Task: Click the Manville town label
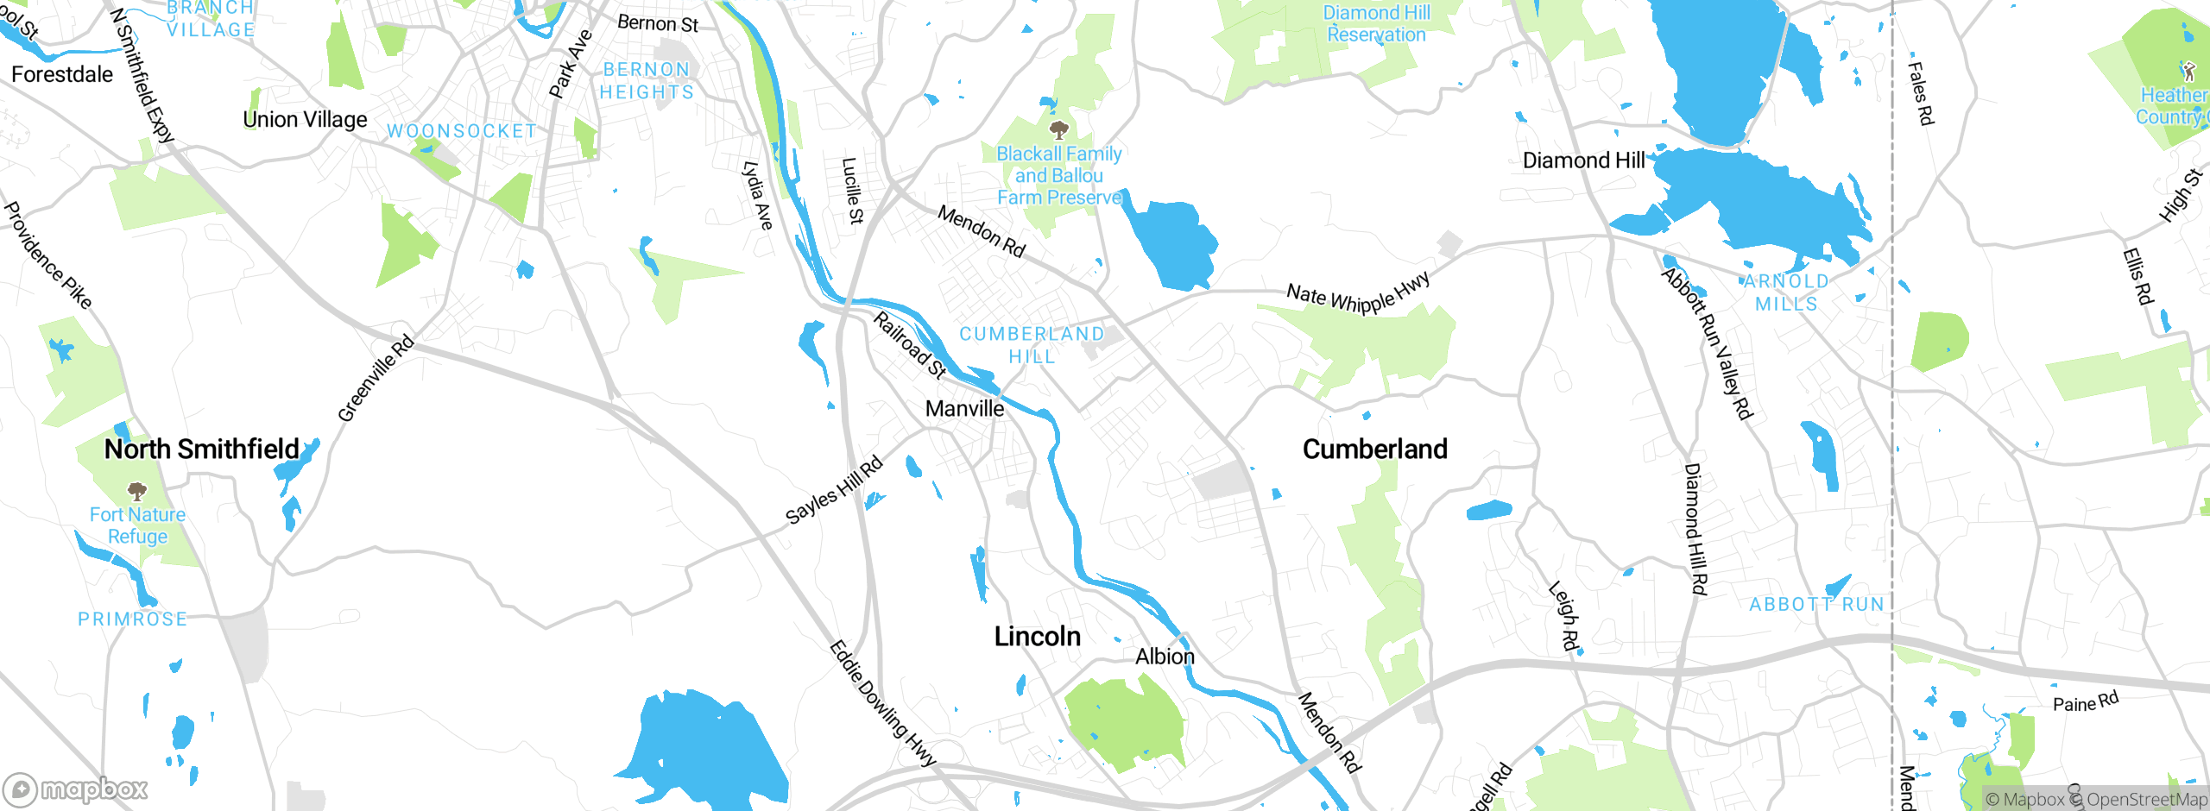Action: click(x=964, y=408)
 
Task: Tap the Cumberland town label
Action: click(x=1374, y=449)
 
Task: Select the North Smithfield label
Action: click(x=201, y=449)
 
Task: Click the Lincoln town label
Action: click(x=1037, y=637)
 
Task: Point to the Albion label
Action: click(x=1165, y=657)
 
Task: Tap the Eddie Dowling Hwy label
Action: click(x=882, y=703)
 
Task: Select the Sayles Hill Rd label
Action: click(x=834, y=490)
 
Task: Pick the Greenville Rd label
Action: click(x=376, y=378)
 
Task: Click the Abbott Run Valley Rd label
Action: click(x=1708, y=343)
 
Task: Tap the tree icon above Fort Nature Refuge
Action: click(x=136, y=492)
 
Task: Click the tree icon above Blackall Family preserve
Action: click(x=1058, y=130)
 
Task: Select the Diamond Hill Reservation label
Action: click(x=1376, y=24)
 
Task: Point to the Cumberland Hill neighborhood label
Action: click(x=1032, y=345)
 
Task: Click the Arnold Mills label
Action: click(x=1786, y=292)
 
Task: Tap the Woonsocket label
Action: click(x=461, y=131)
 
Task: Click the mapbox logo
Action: click(x=75, y=789)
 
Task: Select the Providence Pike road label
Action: click(x=47, y=255)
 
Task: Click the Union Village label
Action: click(x=305, y=119)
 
